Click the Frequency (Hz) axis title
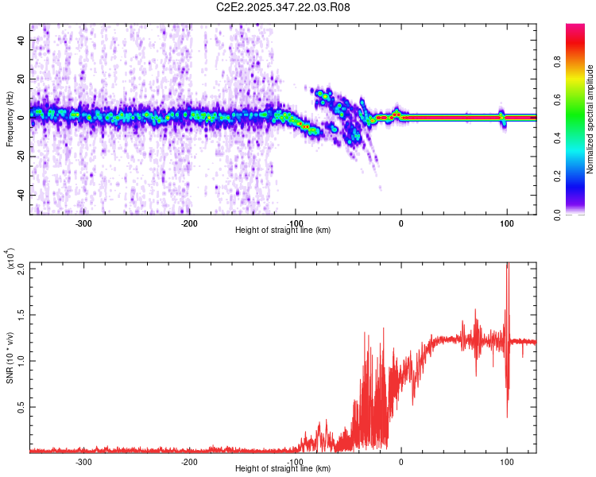(x=9, y=118)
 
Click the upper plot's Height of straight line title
(x=283, y=231)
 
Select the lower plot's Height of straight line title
(x=283, y=469)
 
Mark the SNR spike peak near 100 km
(x=508, y=265)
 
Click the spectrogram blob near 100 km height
(x=501, y=117)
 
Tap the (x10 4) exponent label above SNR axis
(x=10, y=259)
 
